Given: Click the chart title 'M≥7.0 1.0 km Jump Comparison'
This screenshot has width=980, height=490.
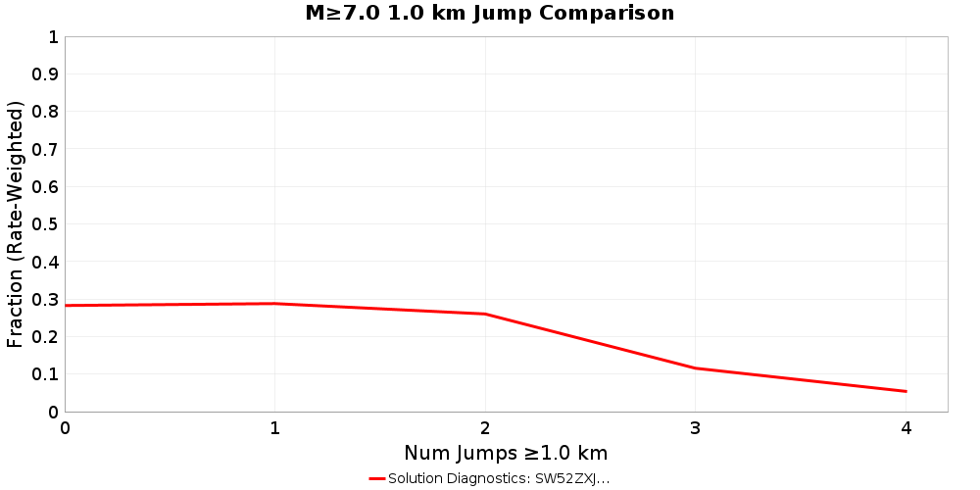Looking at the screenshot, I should (x=490, y=13).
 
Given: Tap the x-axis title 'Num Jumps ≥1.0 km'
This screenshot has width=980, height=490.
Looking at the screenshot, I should (x=506, y=453).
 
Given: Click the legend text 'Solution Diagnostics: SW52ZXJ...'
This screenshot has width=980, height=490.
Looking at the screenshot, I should (x=499, y=478).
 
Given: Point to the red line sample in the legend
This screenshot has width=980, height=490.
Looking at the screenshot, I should (x=377, y=478).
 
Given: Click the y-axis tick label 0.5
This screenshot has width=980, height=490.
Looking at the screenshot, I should (x=45, y=224).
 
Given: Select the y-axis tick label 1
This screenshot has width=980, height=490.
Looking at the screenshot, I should (x=53, y=37).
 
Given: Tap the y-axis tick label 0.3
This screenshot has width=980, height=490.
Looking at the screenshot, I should (x=45, y=300).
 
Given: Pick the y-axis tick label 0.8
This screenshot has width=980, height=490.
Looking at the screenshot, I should (x=45, y=112).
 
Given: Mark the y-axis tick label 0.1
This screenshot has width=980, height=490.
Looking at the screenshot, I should (x=45, y=374).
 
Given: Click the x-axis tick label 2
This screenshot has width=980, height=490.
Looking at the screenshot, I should (x=485, y=427).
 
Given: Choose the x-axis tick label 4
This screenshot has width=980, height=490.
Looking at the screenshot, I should (x=906, y=427).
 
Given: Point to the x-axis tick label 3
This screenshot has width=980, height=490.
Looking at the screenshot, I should (x=696, y=427).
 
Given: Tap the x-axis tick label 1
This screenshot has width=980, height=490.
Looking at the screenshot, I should (x=275, y=427).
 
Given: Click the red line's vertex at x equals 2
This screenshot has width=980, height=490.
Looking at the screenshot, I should (x=485, y=314).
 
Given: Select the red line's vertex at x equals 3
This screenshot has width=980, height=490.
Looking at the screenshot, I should (x=696, y=367).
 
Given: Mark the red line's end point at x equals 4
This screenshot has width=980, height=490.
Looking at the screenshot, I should (x=906, y=391).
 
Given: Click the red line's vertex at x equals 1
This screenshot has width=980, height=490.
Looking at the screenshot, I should (x=275, y=304).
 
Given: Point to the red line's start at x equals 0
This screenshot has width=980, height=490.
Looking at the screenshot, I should (x=66, y=306).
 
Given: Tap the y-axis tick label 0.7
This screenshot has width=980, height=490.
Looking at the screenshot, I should (x=45, y=149).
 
